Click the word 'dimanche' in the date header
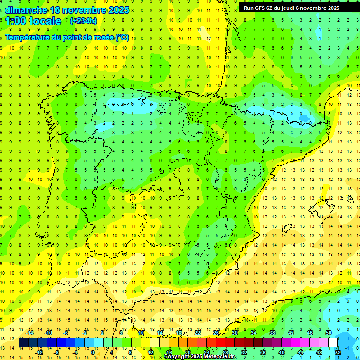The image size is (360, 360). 26,10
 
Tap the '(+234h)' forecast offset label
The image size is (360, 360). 83,21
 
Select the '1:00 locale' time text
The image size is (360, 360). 33,21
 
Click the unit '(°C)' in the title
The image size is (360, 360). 122,37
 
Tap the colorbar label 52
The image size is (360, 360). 337,352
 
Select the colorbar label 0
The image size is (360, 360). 93,352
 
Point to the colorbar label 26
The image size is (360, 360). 216,333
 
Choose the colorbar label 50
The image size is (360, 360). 328,333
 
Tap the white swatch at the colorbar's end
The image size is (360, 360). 333,343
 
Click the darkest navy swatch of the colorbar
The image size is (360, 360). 23,343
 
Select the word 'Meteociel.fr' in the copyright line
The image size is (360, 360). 220,357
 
